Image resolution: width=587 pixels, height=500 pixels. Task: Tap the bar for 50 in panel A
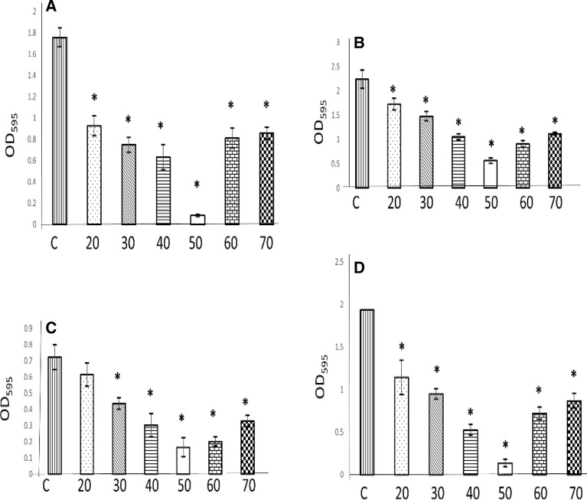coord(197,220)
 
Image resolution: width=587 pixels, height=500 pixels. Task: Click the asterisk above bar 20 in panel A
coord(95,98)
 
